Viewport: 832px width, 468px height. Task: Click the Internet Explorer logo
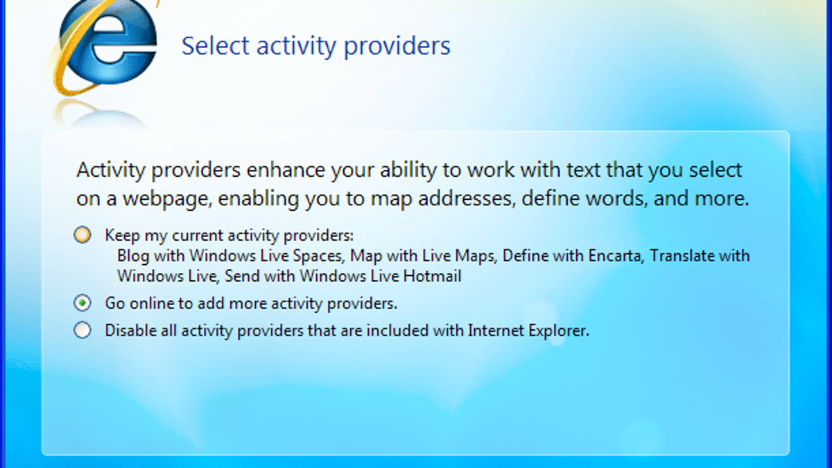106,44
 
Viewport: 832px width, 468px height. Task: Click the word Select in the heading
216,46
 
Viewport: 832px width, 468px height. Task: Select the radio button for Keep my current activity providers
82,235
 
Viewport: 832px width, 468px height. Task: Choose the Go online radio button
82,303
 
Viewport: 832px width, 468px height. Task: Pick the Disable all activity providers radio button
82,330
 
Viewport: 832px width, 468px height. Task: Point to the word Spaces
318,257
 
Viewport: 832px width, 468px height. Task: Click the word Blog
132,257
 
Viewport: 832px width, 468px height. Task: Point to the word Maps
476,257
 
